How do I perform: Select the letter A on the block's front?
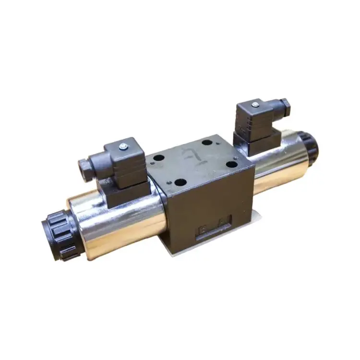pos(224,222)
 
